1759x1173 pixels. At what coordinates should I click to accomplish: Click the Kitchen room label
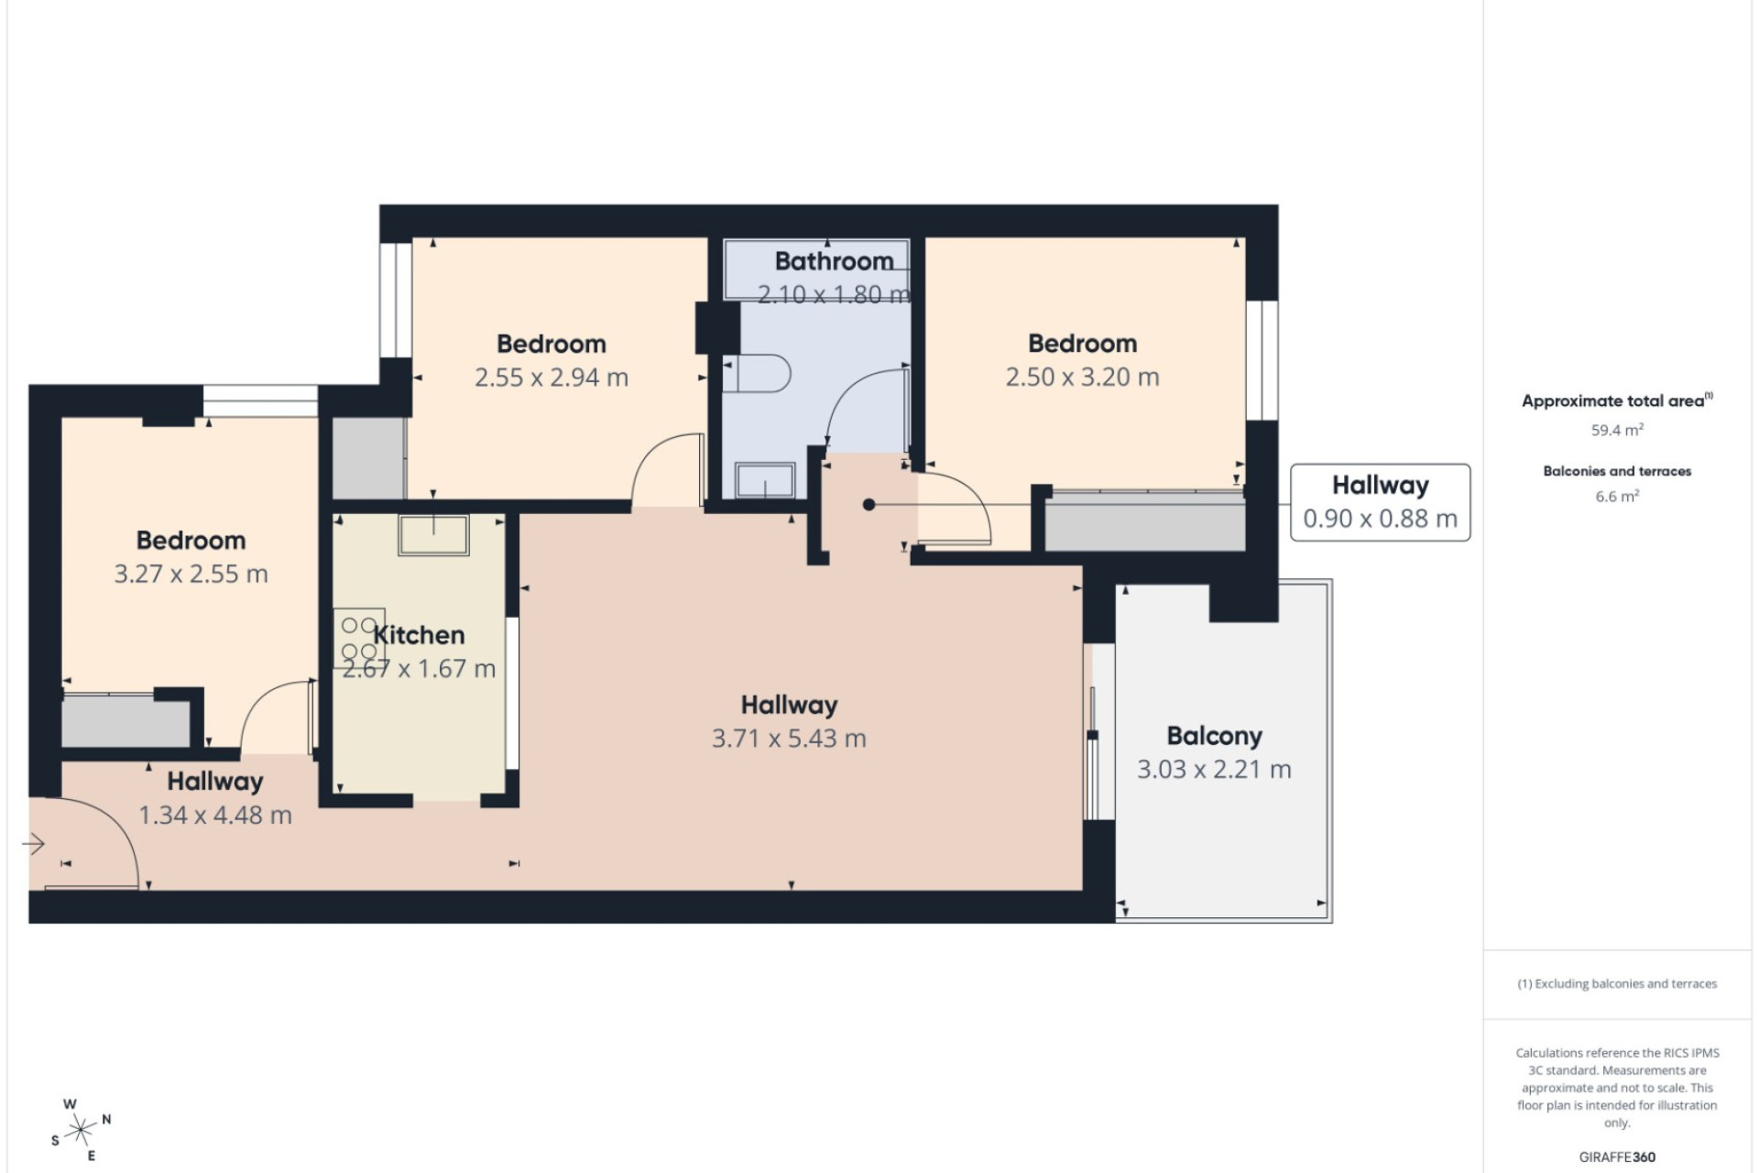(x=419, y=635)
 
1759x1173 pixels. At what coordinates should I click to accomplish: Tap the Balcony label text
(x=1214, y=736)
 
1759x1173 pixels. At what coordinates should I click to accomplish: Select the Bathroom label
(x=834, y=261)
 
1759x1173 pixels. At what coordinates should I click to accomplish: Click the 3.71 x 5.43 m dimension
(x=789, y=739)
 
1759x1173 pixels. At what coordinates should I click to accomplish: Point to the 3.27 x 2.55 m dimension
(x=191, y=575)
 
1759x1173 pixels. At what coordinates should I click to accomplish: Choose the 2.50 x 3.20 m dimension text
(x=1082, y=378)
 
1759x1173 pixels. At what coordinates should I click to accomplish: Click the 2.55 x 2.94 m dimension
(x=552, y=378)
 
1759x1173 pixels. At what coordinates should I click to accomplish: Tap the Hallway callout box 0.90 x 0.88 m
(x=1380, y=502)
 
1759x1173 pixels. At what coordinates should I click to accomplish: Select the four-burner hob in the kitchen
(x=359, y=639)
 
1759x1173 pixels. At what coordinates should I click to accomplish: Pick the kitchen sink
(x=433, y=534)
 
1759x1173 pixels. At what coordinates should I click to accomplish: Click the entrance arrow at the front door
(x=33, y=843)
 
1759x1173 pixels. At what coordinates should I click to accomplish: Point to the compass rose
(x=81, y=1129)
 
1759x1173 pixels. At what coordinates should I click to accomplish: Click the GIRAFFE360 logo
(x=1617, y=1157)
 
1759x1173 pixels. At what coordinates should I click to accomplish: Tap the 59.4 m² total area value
(x=1617, y=430)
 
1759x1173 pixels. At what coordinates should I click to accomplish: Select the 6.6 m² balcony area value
(x=1617, y=497)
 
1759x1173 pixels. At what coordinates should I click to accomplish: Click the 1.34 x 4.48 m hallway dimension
(x=215, y=816)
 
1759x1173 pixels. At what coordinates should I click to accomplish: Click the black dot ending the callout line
(x=869, y=504)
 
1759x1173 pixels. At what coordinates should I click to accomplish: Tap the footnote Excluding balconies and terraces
(x=1617, y=984)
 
